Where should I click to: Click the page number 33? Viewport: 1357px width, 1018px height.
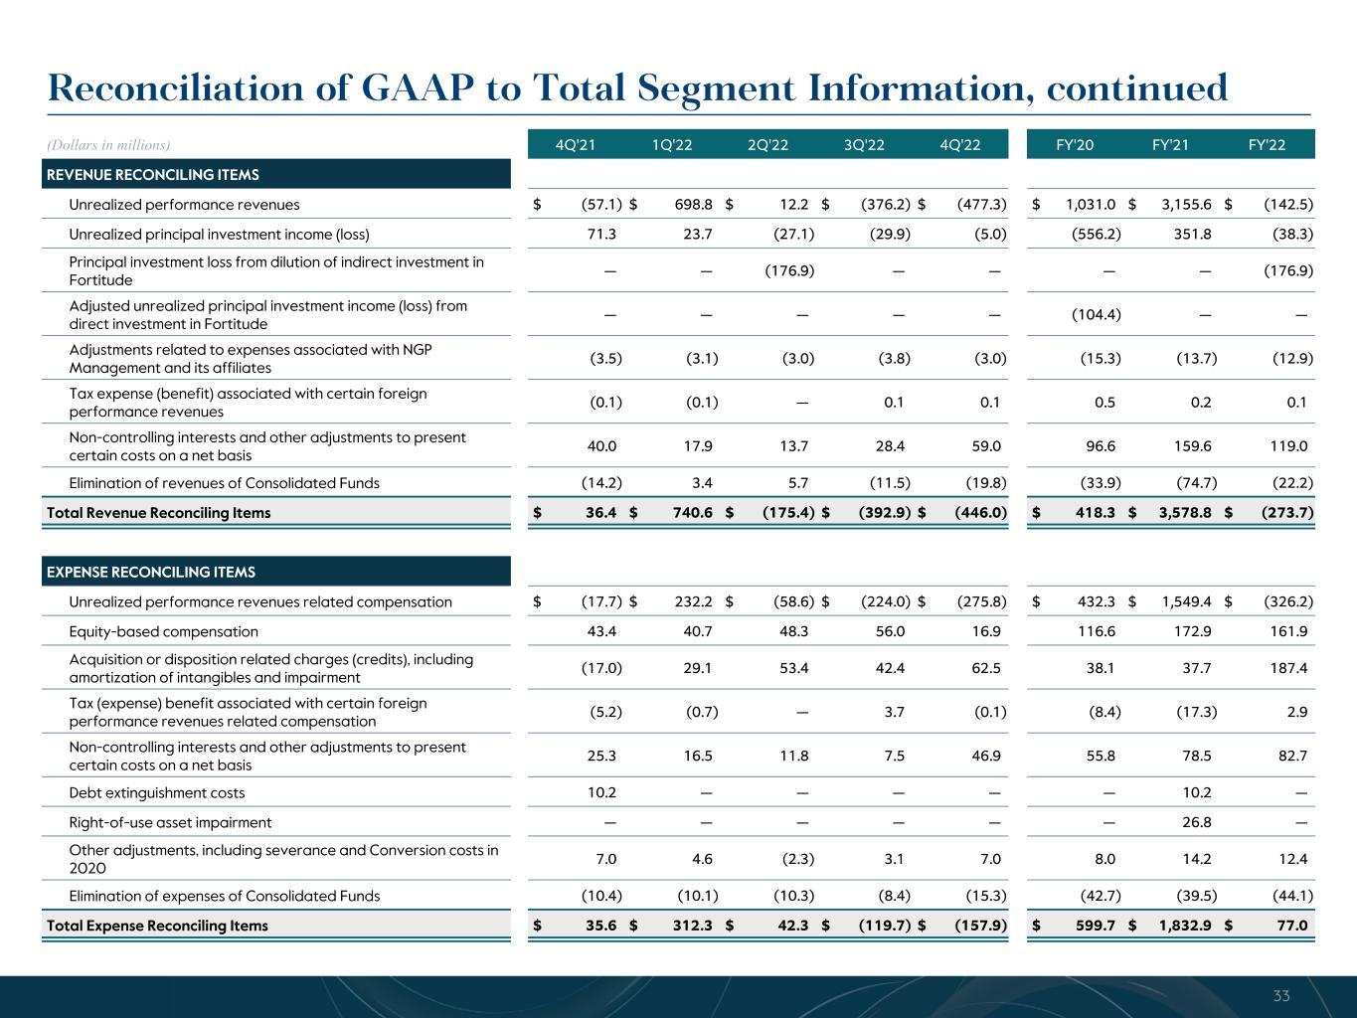(x=1280, y=995)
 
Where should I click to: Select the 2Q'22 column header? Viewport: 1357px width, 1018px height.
(x=767, y=145)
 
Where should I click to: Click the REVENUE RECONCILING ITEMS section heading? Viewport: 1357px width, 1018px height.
(x=153, y=175)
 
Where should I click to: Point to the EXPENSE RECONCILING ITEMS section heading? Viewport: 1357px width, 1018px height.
(x=151, y=572)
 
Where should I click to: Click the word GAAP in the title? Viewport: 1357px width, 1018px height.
(x=420, y=87)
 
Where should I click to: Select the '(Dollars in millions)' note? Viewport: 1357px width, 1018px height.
(x=108, y=145)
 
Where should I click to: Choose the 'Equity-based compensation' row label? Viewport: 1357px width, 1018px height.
(x=163, y=631)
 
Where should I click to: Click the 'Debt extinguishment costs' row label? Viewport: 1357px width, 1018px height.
(x=156, y=792)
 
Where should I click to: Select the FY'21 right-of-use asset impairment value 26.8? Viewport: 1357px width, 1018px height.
(x=1193, y=822)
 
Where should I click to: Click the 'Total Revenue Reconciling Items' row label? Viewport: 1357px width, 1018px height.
(x=158, y=513)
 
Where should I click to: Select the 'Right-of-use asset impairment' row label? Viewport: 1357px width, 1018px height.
(x=170, y=822)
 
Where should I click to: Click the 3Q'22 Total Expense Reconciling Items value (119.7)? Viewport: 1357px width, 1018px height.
(x=885, y=926)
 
